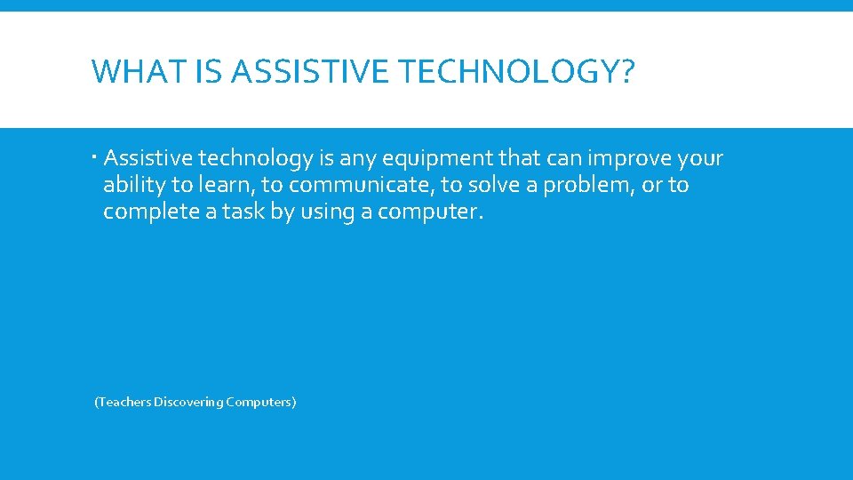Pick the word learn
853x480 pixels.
pos(235,185)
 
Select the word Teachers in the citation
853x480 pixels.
pos(124,402)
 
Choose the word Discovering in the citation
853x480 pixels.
pos(188,402)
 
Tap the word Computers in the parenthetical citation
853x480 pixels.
pos(259,402)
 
